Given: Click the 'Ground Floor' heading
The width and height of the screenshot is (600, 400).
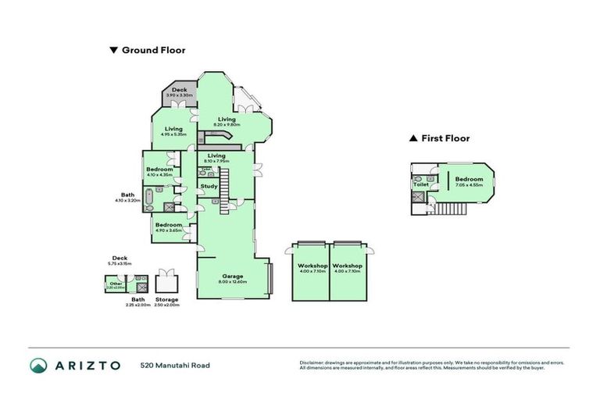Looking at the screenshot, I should click(x=153, y=50).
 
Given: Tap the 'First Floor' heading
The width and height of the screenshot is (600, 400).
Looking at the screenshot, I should click(x=445, y=138).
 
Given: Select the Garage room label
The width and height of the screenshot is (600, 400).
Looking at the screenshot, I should click(x=233, y=276).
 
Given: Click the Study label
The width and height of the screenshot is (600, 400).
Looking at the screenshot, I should click(x=209, y=186).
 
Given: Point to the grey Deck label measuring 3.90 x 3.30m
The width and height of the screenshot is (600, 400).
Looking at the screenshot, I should click(x=179, y=91).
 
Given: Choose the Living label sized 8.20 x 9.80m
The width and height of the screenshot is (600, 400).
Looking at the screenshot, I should click(x=227, y=120).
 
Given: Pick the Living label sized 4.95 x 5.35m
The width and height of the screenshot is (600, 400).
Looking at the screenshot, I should click(x=173, y=129).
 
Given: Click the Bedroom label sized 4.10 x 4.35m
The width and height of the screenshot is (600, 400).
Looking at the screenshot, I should click(x=160, y=169).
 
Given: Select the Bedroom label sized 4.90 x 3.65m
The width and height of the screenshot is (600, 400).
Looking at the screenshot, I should click(x=169, y=225).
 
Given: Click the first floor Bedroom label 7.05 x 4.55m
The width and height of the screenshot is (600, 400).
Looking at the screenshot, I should click(x=469, y=180).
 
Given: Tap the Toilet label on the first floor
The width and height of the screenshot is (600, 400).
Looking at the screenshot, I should click(x=421, y=184).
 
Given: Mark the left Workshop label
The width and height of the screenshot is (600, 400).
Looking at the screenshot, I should click(x=312, y=266).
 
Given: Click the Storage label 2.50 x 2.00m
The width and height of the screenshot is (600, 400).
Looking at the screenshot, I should click(x=166, y=299).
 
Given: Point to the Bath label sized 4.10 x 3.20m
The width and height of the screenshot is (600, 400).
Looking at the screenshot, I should click(x=128, y=195).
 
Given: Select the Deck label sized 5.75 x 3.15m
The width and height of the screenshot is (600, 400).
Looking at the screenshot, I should click(x=120, y=257).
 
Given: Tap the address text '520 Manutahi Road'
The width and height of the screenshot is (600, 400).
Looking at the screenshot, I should click(x=175, y=365).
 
